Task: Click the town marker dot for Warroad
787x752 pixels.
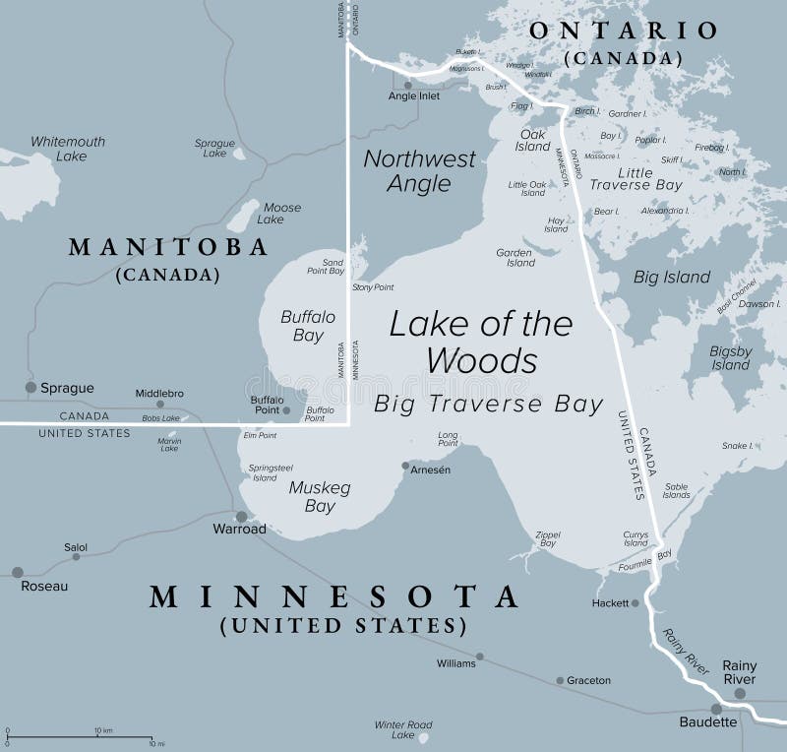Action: pos(240,516)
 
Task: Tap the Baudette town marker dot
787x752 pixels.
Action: pos(716,708)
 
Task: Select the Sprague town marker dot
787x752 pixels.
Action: pos(30,388)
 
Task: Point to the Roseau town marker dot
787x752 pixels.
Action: pos(17,572)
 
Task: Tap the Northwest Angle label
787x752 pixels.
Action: pos(419,170)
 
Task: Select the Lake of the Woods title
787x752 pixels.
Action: pos(480,342)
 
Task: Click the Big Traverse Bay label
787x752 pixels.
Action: pos(488,404)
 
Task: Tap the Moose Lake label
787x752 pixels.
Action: pos(282,214)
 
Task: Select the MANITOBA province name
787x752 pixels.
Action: pos(168,247)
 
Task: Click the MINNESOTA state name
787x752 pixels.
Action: pos(333,596)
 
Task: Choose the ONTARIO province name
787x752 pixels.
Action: pos(624,31)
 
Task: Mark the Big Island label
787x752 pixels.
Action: pos(672,277)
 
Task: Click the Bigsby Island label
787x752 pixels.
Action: pos(730,358)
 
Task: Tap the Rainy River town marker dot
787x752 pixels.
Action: pos(740,693)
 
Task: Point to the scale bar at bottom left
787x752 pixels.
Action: pos(80,737)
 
